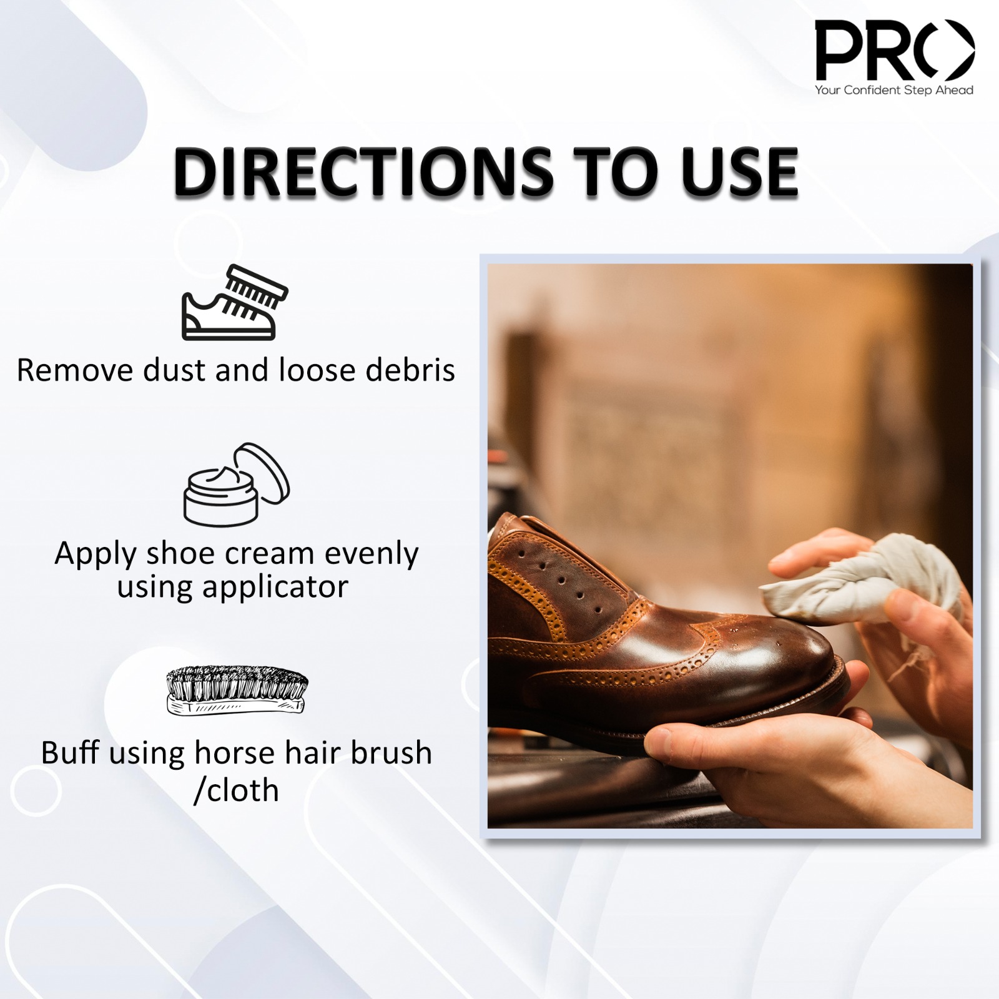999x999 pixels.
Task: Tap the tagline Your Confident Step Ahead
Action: click(894, 90)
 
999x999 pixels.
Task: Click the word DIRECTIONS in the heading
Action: click(363, 172)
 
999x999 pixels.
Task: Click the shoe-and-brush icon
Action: click(235, 302)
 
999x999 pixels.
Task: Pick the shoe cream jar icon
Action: click(237, 485)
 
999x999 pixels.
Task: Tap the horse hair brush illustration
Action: click(237, 691)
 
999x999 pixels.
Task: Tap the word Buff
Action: click(70, 752)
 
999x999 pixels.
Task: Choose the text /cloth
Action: click(236, 790)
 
